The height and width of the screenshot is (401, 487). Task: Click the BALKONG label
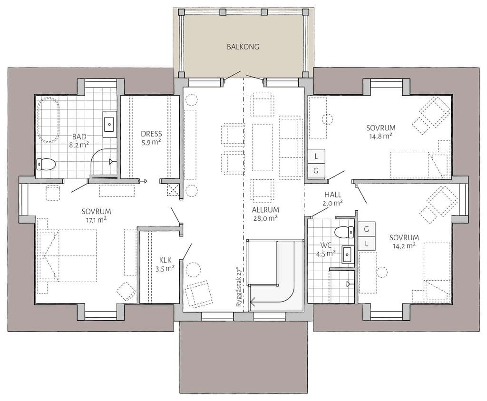tap(243, 47)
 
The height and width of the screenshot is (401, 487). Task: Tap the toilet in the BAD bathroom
tap(45, 164)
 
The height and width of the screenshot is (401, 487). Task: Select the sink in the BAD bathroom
tap(110, 124)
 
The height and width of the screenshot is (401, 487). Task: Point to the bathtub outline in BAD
tap(49, 120)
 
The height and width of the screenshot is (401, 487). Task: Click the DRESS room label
tap(151, 134)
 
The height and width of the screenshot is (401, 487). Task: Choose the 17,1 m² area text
tap(96, 220)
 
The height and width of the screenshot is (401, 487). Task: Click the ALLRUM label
tap(265, 210)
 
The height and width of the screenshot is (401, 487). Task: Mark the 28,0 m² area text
tap(265, 218)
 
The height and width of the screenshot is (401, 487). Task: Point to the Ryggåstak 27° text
tap(239, 287)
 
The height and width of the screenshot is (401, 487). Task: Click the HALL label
tap(333, 195)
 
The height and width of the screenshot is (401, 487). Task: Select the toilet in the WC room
tap(345, 231)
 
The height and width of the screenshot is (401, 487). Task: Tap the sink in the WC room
tap(348, 254)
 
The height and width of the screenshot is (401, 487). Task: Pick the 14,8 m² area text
tap(380, 136)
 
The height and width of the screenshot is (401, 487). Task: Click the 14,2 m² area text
tap(404, 246)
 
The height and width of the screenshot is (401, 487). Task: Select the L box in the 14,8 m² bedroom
tap(316, 156)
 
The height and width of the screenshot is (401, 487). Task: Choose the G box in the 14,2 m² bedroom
tap(367, 229)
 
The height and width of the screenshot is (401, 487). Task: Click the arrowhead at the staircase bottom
tap(252, 301)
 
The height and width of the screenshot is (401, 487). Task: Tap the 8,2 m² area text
tap(79, 145)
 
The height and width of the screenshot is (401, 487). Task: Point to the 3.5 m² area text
tap(165, 268)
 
